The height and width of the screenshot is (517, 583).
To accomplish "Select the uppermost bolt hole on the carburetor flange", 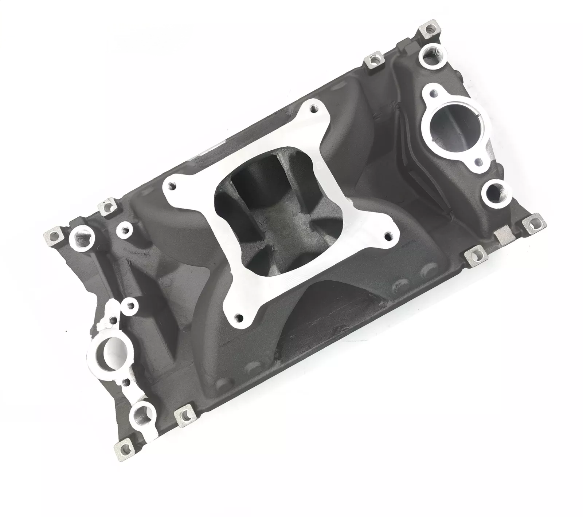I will (313, 108).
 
